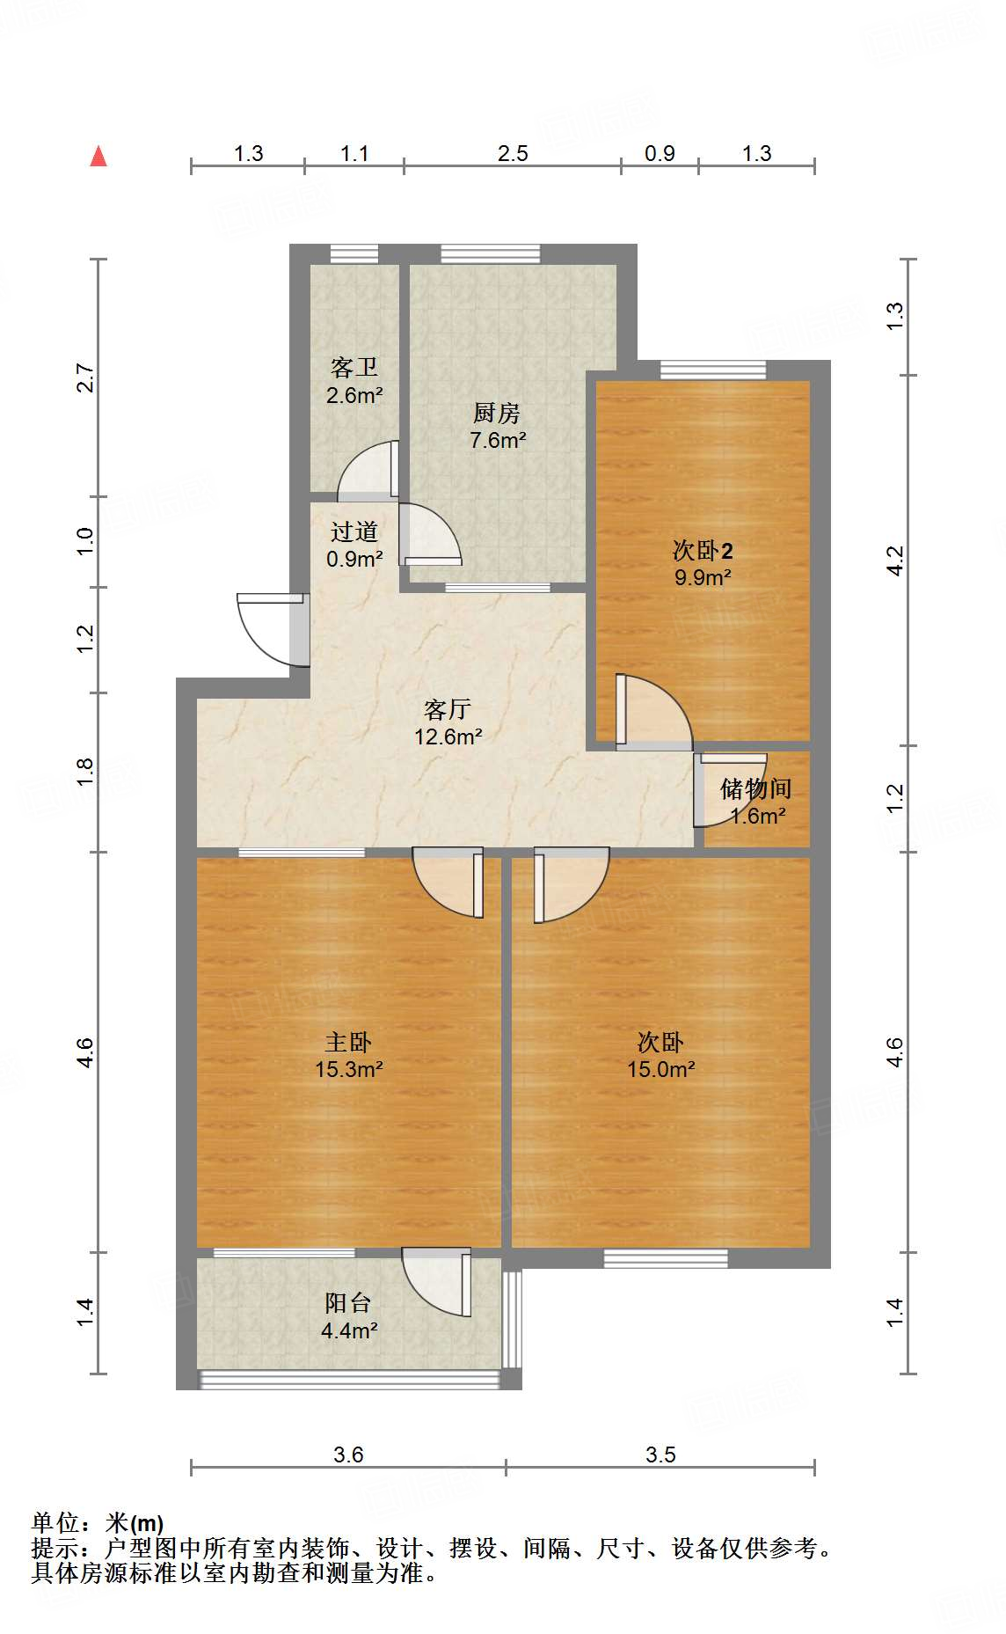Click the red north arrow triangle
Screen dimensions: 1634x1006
98,158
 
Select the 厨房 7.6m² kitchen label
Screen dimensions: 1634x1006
498,426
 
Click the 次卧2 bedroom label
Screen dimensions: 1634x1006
703,563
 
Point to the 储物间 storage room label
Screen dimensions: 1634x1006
755,801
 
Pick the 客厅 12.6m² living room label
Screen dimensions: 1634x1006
448,722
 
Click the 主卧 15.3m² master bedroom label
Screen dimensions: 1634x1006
348,1055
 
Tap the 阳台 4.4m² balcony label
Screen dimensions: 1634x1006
348,1316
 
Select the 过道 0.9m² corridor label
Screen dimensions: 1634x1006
354,545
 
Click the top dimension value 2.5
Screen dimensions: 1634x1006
513,154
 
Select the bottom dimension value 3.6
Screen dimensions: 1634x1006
348,1454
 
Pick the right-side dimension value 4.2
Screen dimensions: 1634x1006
894,561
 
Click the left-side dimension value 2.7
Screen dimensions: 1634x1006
85,377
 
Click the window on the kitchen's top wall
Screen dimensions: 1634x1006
490,254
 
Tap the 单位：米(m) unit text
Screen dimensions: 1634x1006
98,1522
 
